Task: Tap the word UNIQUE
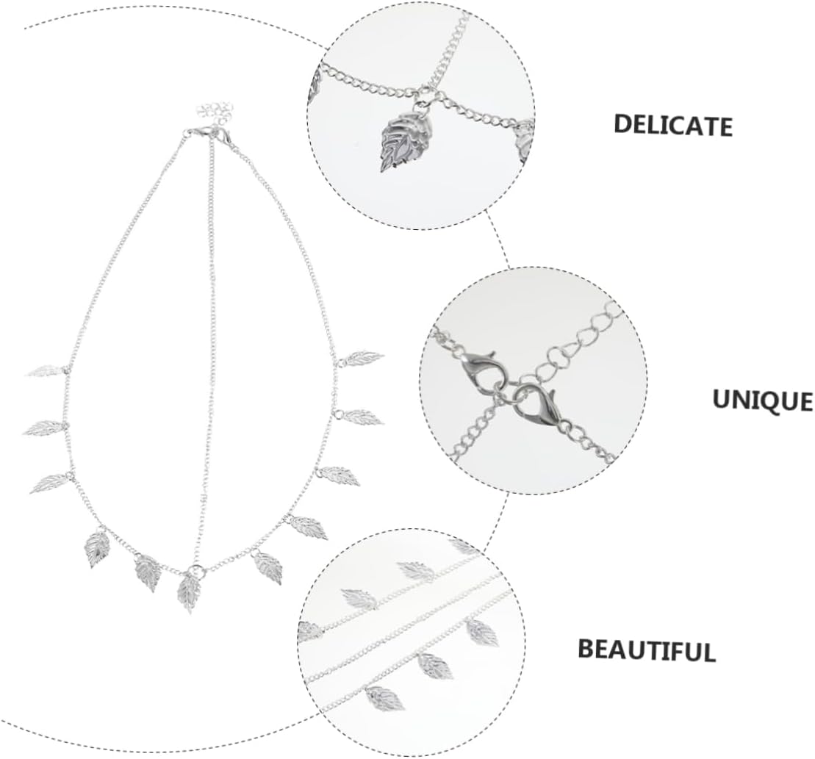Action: pos(762,401)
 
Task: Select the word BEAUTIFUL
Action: pos(646,650)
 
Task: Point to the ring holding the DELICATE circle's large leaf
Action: pos(424,96)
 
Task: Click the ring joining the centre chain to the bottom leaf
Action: pos(195,569)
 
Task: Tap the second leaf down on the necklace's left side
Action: pos(44,426)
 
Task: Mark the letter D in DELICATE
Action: pos(623,122)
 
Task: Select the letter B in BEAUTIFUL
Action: pos(586,648)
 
